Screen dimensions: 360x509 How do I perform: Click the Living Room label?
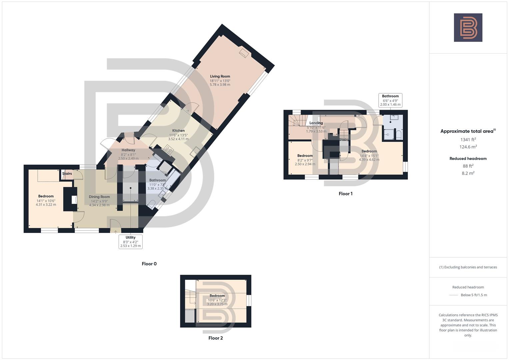point(220,76)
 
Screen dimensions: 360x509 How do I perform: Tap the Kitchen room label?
point(178,131)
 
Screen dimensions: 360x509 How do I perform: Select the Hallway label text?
point(128,150)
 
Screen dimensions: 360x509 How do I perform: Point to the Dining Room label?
point(99,197)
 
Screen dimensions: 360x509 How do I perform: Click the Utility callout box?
point(130,242)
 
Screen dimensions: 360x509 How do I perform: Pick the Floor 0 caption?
point(149,264)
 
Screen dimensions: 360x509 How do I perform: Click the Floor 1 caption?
point(345,194)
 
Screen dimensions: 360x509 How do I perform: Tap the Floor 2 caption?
point(215,338)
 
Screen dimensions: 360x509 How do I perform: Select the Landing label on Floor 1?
point(316,123)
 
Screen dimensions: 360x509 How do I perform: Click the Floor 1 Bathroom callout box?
point(390,100)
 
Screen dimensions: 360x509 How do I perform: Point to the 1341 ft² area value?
point(468,140)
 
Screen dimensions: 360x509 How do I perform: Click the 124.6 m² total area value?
point(468,147)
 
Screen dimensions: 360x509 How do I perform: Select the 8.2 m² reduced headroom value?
point(468,173)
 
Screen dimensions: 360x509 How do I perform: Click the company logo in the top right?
point(468,28)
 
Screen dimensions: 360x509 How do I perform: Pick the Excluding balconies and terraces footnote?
point(468,267)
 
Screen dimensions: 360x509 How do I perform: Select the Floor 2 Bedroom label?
point(217,296)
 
